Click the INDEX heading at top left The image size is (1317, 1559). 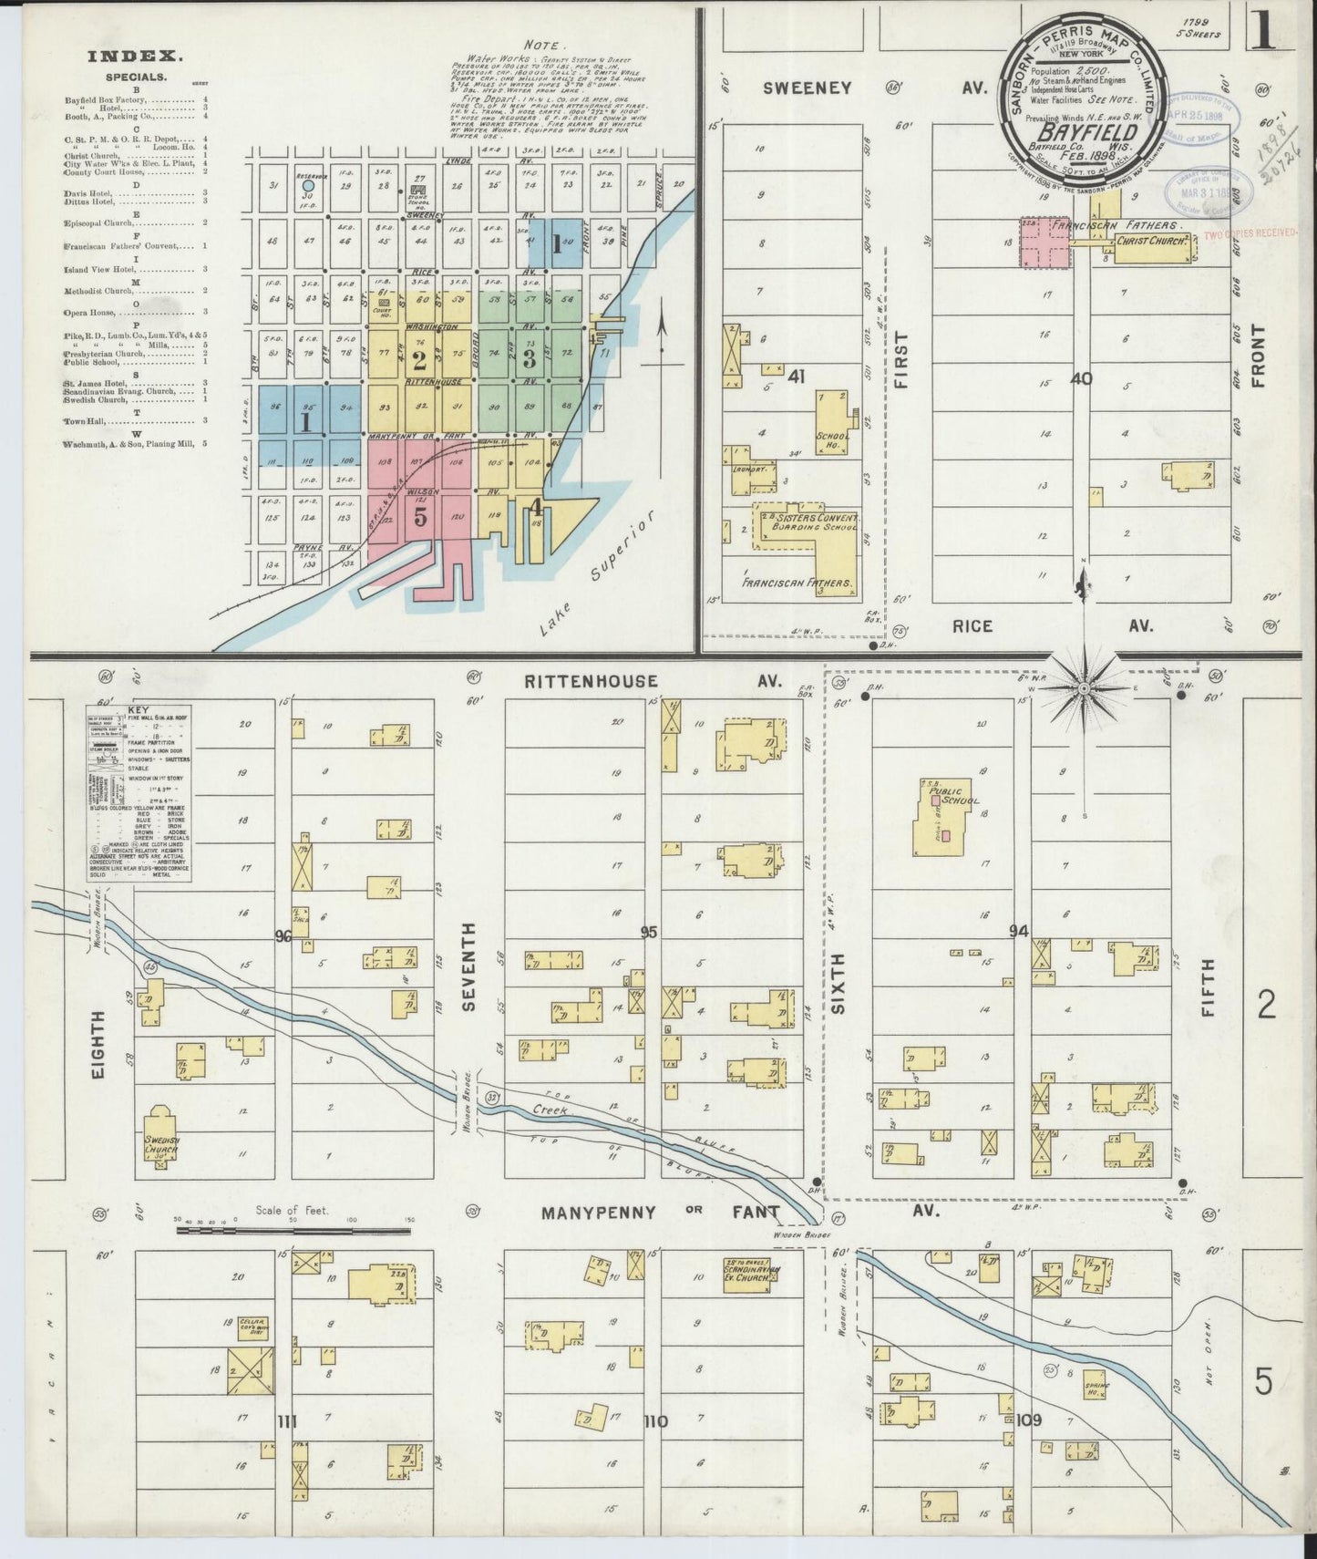(135, 57)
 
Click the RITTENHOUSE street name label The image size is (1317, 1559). (590, 681)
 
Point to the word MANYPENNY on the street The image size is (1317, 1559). (597, 1213)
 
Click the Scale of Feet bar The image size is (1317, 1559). (294, 1230)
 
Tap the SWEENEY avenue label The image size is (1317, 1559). (808, 88)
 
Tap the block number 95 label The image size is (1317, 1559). (649, 932)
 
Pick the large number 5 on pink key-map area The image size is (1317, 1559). (419, 517)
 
